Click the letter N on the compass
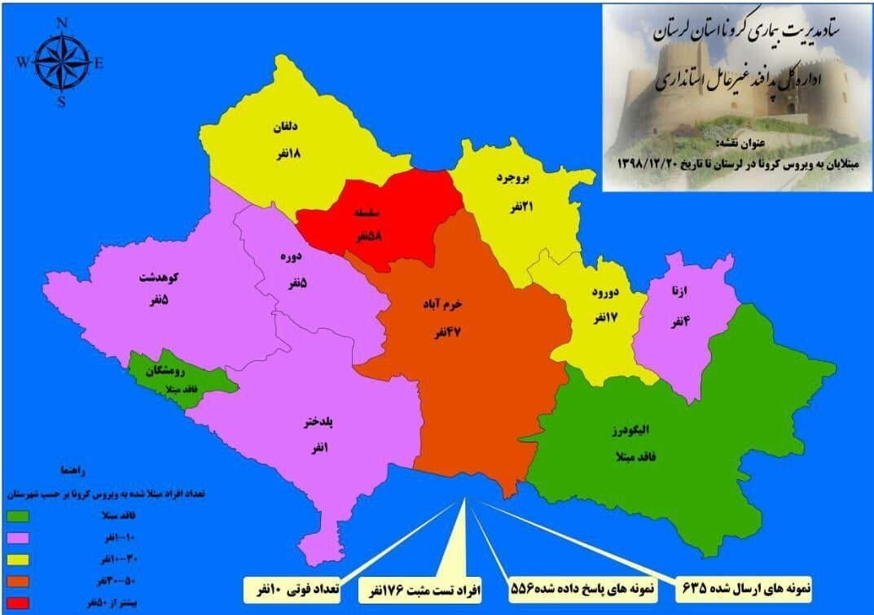click(62, 23)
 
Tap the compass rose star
click(62, 63)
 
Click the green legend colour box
click(19, 515)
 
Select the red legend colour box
click(19, 603)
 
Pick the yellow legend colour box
click(19, 559)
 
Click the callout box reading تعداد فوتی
click(294, 586)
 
